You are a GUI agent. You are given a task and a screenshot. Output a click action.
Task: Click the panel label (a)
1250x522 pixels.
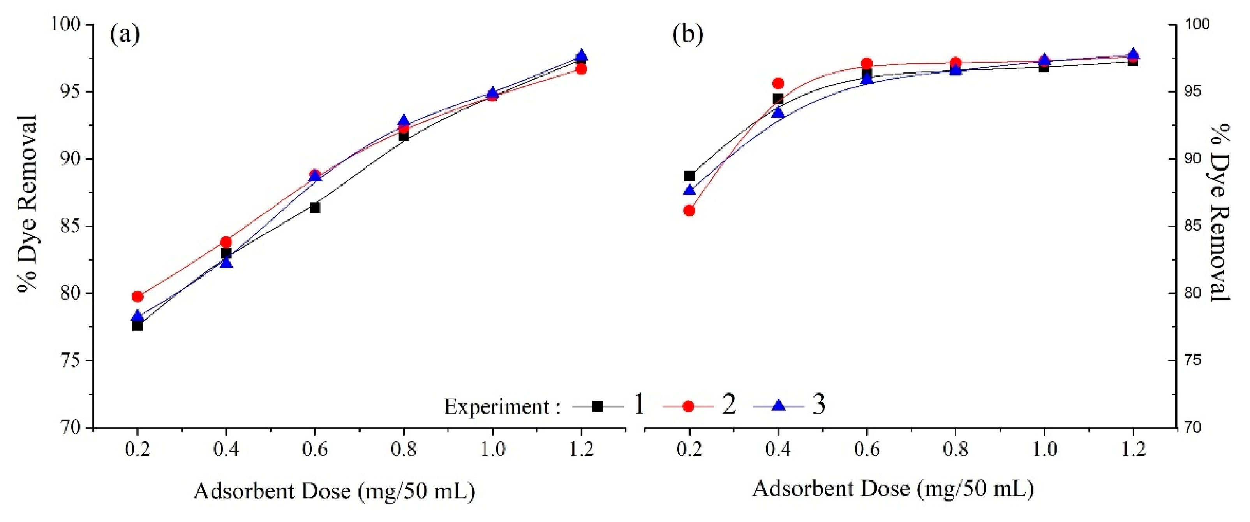coord(125,35)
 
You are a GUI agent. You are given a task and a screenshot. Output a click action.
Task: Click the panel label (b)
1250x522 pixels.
coord(688,35)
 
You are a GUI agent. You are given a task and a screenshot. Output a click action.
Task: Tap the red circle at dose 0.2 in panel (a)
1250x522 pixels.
coord(138,296)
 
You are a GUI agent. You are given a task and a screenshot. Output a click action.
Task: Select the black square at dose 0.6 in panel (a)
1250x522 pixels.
coord(315,207)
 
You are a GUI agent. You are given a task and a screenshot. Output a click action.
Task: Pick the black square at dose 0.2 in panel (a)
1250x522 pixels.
coord(138,326)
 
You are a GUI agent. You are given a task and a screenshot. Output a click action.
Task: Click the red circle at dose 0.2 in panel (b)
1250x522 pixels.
coord(689,210)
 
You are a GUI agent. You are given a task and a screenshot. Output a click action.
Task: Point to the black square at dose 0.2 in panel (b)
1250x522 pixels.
coord(689,175)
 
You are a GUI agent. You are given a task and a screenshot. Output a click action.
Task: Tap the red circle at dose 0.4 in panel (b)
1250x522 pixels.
coord(778,83)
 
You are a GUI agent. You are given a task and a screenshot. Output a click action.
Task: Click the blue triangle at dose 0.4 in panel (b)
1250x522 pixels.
coord(778,112)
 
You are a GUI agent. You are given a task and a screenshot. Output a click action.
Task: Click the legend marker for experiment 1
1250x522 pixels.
coord(598,406)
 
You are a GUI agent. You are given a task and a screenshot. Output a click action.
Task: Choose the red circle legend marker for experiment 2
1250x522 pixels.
coord(688,406)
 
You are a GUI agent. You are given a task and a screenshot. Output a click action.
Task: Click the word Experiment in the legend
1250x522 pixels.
coord(497,406)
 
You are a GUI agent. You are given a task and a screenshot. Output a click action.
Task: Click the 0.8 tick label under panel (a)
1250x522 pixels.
coord(404,450)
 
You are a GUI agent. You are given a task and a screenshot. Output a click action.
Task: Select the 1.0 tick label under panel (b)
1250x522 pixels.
coord(1044,450)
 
